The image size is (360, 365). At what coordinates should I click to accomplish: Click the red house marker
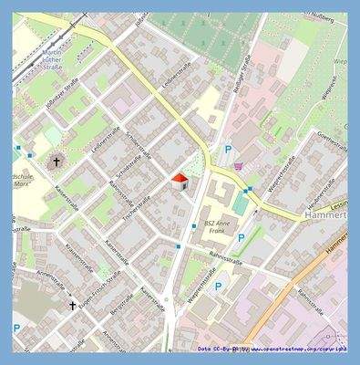tap(180, 180)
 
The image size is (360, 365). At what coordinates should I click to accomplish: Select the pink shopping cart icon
tap(239, 166)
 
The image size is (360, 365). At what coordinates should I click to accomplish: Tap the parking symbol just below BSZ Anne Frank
tap(242, 238)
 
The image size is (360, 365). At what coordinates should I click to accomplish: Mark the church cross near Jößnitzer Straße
tap(56, 162)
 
